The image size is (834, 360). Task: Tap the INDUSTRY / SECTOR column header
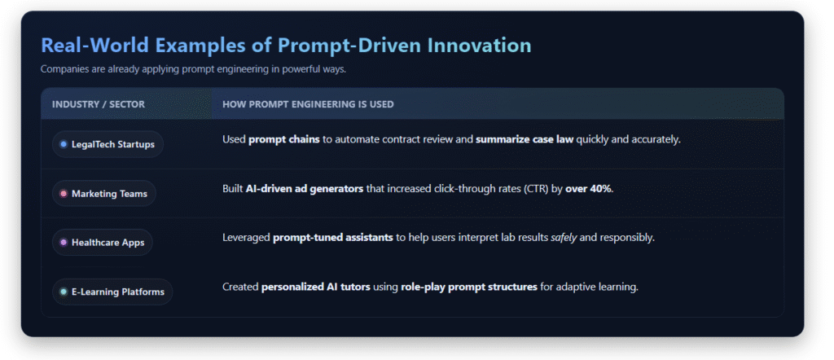tap(99, 104)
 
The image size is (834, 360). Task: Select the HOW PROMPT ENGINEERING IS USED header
tap(308, 104)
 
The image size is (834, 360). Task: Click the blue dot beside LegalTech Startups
tap(64, 144)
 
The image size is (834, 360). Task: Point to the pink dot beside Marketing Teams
tap(64, 194)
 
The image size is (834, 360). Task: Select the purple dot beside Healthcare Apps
tap(64, 243)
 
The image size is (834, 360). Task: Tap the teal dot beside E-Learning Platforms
tap(64, 292)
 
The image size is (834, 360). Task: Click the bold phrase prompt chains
tap(284, 140)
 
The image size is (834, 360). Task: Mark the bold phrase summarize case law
tap(525, 140)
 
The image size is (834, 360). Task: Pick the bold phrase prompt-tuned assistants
tap(333, 238)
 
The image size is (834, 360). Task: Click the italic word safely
tap(564, 238)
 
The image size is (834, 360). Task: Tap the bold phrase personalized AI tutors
tap(316, 288)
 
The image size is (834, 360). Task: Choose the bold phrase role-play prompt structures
tap(469, 288)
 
